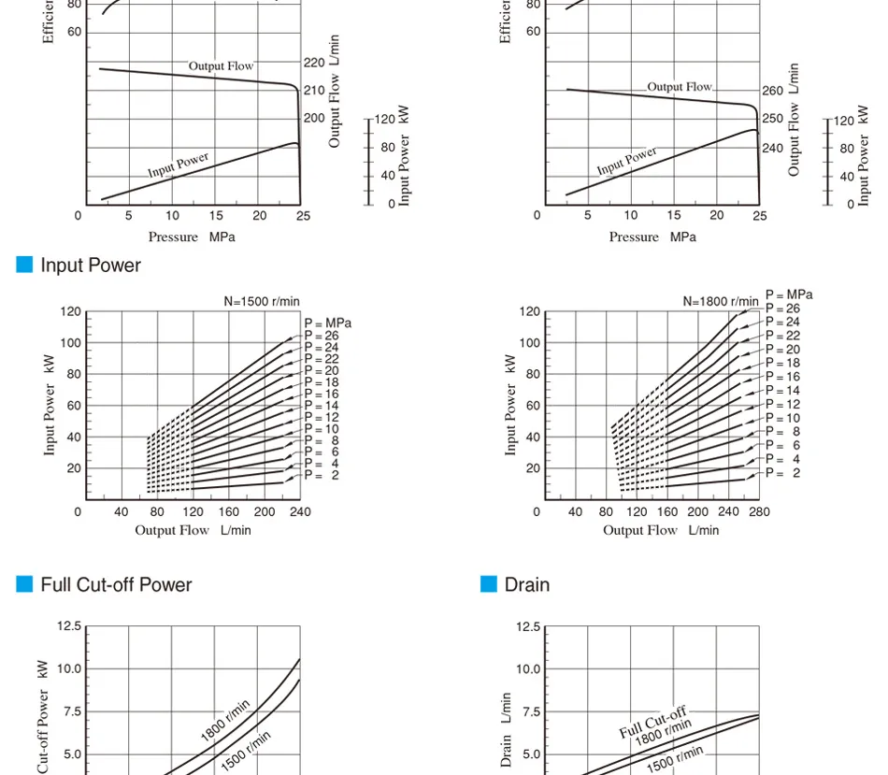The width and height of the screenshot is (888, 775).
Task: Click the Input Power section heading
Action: (x=91, y=266)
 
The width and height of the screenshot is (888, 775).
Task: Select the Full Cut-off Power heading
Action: (x=116, y=585)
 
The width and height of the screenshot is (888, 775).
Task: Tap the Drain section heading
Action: (x=527, y=585)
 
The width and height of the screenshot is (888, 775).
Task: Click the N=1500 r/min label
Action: (x=262, y=301)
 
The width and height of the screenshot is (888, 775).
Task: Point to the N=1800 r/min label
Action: (x=721, y=301)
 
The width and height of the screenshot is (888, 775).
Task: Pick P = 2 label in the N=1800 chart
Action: (x=782, y=473)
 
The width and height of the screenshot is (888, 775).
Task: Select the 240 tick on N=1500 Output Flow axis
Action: (x=300, y=512)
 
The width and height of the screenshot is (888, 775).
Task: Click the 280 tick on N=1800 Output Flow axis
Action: (x=759, y=512)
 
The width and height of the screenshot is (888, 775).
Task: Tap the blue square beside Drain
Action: (x=489, y=584)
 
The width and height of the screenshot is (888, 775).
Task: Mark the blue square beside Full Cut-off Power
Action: (x=25, y=584)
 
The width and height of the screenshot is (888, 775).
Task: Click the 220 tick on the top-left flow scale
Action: (x=314, y=64)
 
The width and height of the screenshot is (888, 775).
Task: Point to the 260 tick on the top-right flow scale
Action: (x=772, y=92)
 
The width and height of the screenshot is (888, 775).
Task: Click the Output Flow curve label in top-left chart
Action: (x=221, y=66)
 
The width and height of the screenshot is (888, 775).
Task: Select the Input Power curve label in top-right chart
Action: (x=627, y=161)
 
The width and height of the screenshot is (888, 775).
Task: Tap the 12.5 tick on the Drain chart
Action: (x=528, y=626)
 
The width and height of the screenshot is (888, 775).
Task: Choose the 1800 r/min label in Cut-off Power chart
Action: (x=225, y=721)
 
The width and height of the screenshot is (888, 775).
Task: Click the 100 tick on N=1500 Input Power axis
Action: (x=71, y=343)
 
